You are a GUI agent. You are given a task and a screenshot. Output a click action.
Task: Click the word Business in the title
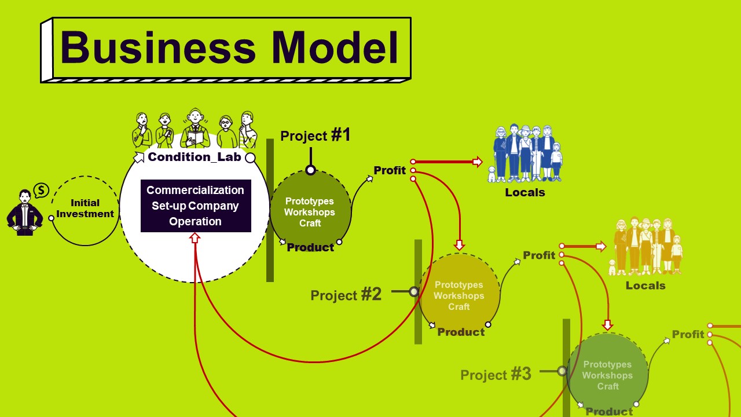(x=158, y=47)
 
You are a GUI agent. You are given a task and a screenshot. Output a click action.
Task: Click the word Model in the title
(x=335, y=47)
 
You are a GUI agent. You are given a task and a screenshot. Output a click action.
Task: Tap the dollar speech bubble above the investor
(x=41, y=191)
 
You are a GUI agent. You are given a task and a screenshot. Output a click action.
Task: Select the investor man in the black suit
(x=25, y=213)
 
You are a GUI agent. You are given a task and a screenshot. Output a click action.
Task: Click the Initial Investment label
(x=85, y=208)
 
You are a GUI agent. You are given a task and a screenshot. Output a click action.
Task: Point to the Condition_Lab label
(x=195, y=157)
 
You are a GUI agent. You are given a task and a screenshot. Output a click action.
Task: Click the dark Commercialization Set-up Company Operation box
(x=196, y=206)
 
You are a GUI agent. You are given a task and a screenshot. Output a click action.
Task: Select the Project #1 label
(x=316, y=135)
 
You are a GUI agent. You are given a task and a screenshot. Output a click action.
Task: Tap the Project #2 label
(x=346, y=295)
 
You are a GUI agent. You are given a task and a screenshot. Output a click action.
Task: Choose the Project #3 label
(x=496, y=374)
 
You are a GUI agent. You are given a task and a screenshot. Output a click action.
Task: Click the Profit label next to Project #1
(x=390, y=170)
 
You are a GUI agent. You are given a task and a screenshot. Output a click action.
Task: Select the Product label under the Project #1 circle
(x=310, y=247)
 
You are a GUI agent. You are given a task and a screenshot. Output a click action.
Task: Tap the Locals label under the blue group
(x=525, y=192)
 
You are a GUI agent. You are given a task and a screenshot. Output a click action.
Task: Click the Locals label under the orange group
(x=645, y=286)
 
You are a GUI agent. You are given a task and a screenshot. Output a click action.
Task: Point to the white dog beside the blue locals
(x=492, y=174)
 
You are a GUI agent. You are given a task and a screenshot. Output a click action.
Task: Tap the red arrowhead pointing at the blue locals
(x=478, y=162)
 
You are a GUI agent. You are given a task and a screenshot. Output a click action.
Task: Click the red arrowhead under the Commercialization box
(x=195, y=237)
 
